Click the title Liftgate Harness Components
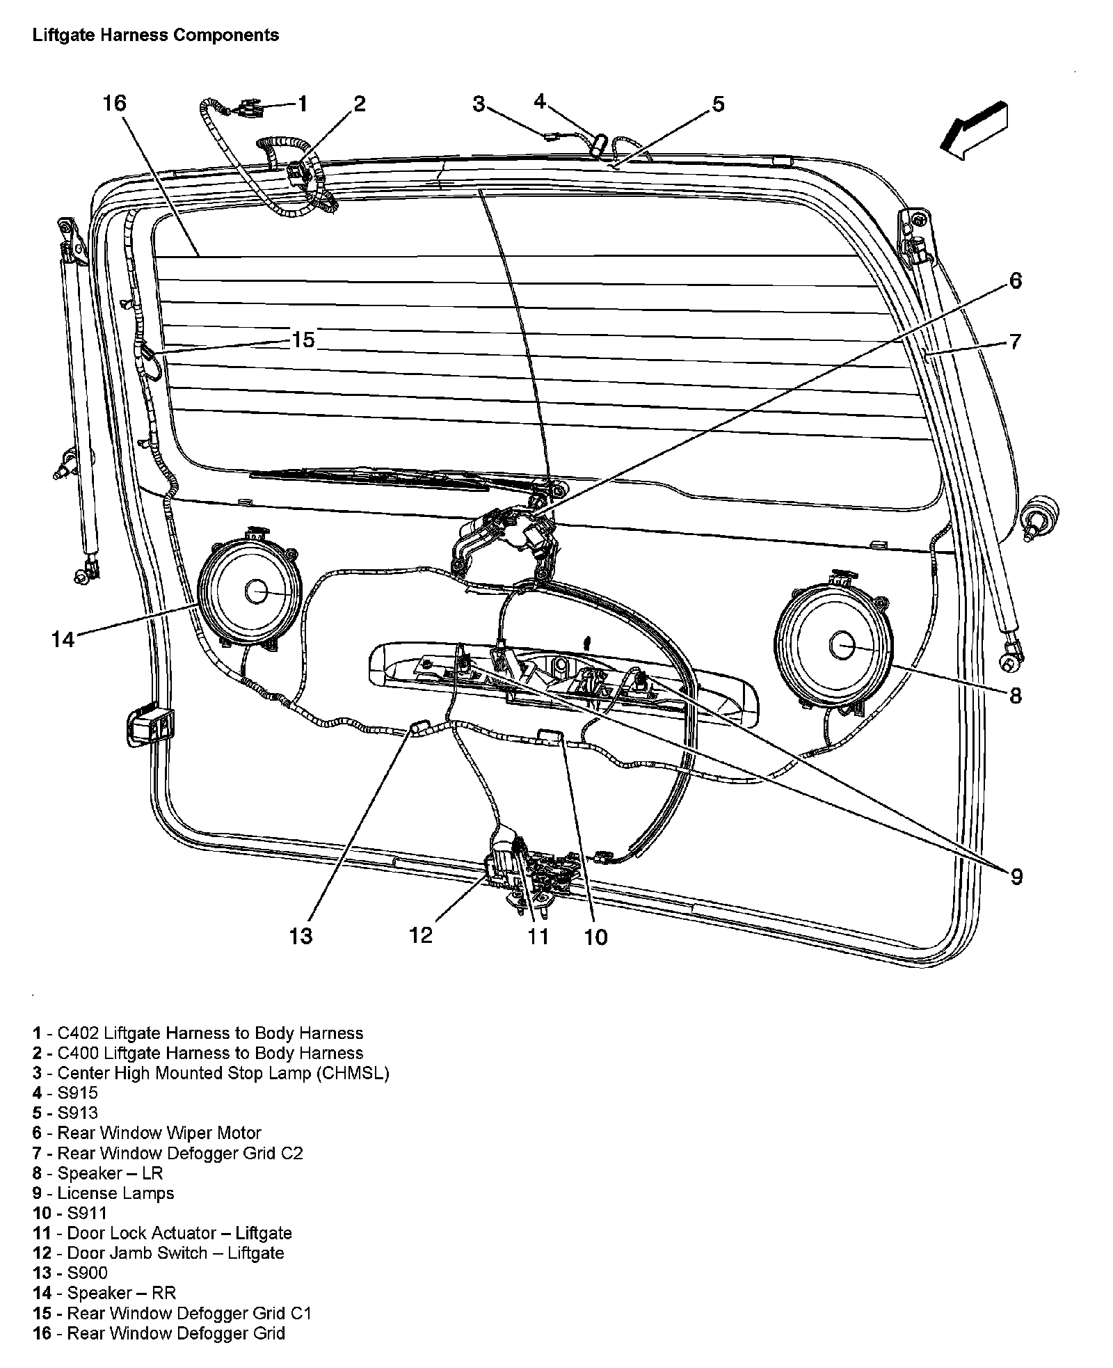click(156, 35)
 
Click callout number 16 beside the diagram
click(115, 104)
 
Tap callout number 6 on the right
click(1015, 281)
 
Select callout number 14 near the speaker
click(63, 639)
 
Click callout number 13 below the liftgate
click(301, 936)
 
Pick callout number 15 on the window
click(303, 340)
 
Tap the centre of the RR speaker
click(255, 591)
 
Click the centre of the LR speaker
click(841, 646)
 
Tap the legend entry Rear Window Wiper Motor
click(146, 1134)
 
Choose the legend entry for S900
click(70, 1273)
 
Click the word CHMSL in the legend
click(353, 1073)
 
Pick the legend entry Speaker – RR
click(104, 1294)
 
